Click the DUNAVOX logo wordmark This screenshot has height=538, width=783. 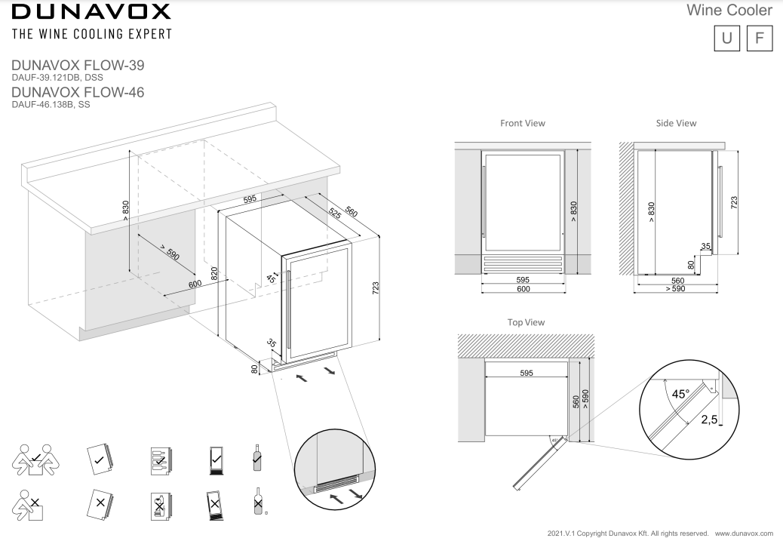90,12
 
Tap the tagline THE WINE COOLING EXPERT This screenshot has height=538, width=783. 90,34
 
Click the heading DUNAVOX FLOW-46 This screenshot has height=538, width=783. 78,92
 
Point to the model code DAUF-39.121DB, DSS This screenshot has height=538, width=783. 57,77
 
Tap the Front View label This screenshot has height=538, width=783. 522,123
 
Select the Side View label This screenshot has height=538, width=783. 676,123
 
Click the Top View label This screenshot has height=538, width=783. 526,322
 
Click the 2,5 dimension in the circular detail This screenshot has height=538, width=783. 709,420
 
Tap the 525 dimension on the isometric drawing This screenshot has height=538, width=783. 334,214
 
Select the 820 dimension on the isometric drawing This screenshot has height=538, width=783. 214,273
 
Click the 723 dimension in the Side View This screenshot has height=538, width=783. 734,203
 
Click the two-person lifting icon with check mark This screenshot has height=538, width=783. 32,458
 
